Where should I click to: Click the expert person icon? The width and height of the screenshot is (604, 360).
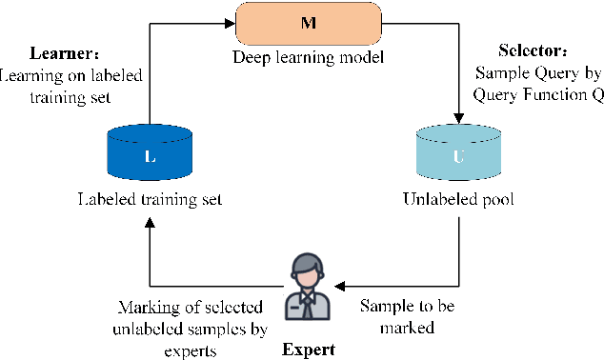point(307,285)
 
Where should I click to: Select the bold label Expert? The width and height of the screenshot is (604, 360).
point(309,348)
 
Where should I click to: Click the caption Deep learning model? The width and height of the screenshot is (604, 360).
point(307,58)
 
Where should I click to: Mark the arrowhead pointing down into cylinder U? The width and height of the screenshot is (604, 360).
point(459,119)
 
